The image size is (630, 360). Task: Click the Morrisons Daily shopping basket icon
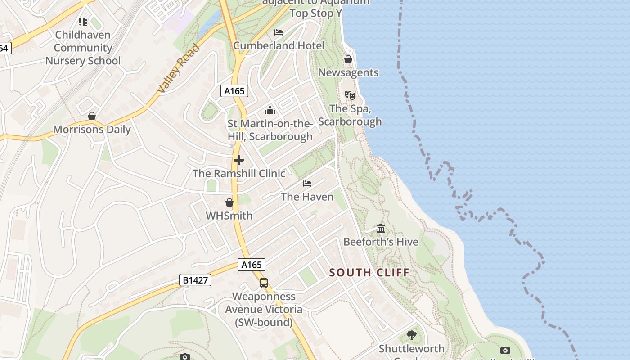(92, 116)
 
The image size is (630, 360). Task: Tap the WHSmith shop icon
(229, 202)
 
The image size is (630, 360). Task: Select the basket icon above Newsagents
(348, 59)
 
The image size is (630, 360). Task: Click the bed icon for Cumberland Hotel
(279, 32)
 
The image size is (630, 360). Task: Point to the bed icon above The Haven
(307, 184)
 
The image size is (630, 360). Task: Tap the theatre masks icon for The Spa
(350, 95)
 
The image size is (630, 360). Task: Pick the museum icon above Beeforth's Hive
(381, 229)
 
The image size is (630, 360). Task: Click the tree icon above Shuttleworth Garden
(411, 335)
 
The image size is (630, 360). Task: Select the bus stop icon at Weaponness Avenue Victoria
(264, 283)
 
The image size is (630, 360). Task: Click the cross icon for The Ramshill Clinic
(239, 160)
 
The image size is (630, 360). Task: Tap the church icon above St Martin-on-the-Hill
(270, 110)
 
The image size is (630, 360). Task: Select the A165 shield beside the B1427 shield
(252, 265)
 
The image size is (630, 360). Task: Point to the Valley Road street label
(178, 68)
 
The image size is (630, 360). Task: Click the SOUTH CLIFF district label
(369, 272)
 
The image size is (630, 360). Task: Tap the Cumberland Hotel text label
(279, 45)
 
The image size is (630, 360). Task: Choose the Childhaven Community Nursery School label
(83, 48)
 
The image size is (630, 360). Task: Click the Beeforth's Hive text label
(381, 242)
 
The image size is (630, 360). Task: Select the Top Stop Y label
(316, 13)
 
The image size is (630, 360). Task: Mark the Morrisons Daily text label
(92, 130)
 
